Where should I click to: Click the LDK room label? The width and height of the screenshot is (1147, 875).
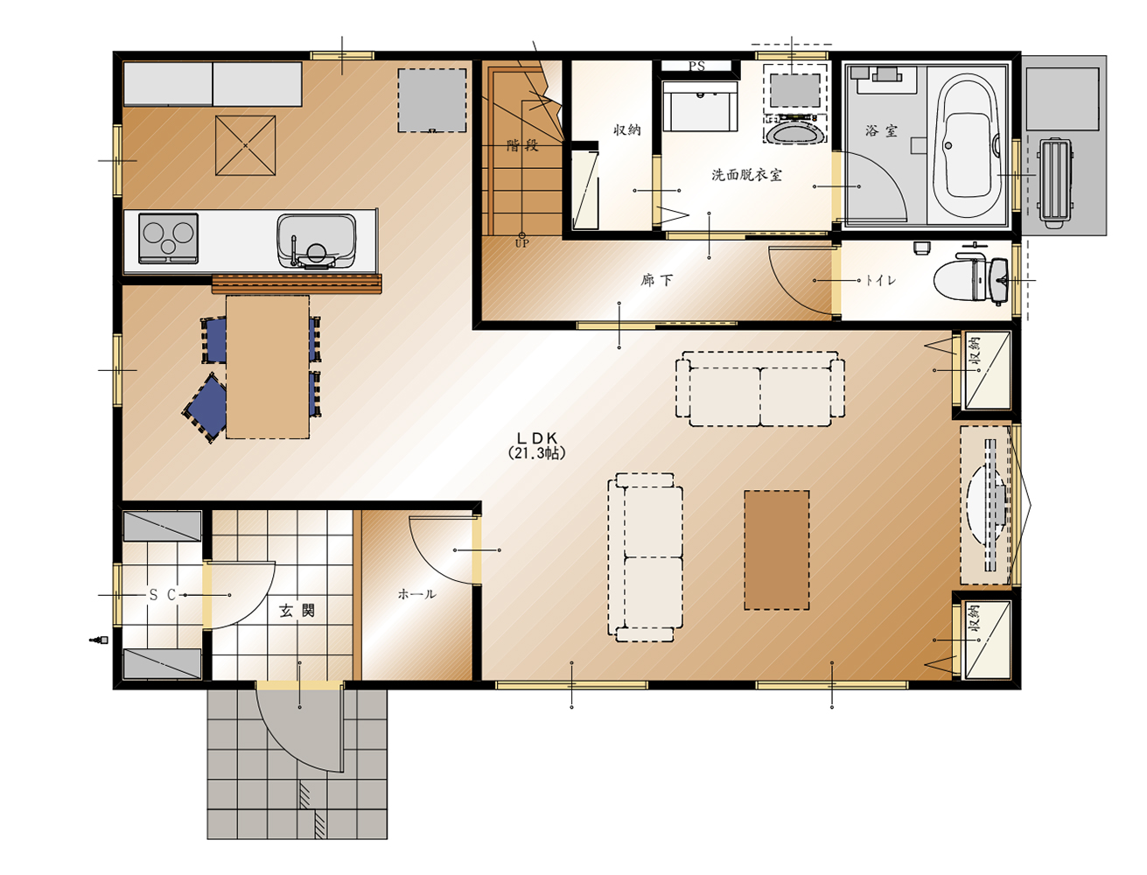(x=536, y=437)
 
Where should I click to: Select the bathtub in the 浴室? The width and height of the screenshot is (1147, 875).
(x=967, y=145)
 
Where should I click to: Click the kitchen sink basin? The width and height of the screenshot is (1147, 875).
(x=316, y=241)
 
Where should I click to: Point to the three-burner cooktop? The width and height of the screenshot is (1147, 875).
(x=168, y=238)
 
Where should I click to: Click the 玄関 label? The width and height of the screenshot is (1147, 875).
(x=297, y=610)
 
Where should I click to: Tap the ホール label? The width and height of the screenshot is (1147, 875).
(x=416, y=594)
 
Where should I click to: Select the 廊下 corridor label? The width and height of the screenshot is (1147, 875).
(x=656, y=281)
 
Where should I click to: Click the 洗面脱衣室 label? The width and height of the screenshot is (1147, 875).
(x=746, y=175)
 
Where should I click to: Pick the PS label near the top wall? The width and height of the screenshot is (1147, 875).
(x=696, y=66)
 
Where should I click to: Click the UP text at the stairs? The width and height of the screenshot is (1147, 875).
(x=521, y=243)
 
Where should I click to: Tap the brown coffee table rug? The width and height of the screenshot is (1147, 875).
(x=777, y=549)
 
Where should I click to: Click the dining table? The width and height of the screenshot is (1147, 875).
(x=268, y=367)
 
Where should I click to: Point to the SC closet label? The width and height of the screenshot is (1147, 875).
(x=163, y=594)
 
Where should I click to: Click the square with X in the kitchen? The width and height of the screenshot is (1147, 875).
(x=245, y=145)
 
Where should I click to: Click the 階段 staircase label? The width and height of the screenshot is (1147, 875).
(x=522, y=145)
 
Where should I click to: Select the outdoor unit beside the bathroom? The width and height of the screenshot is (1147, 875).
(x=1054, y=183)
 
